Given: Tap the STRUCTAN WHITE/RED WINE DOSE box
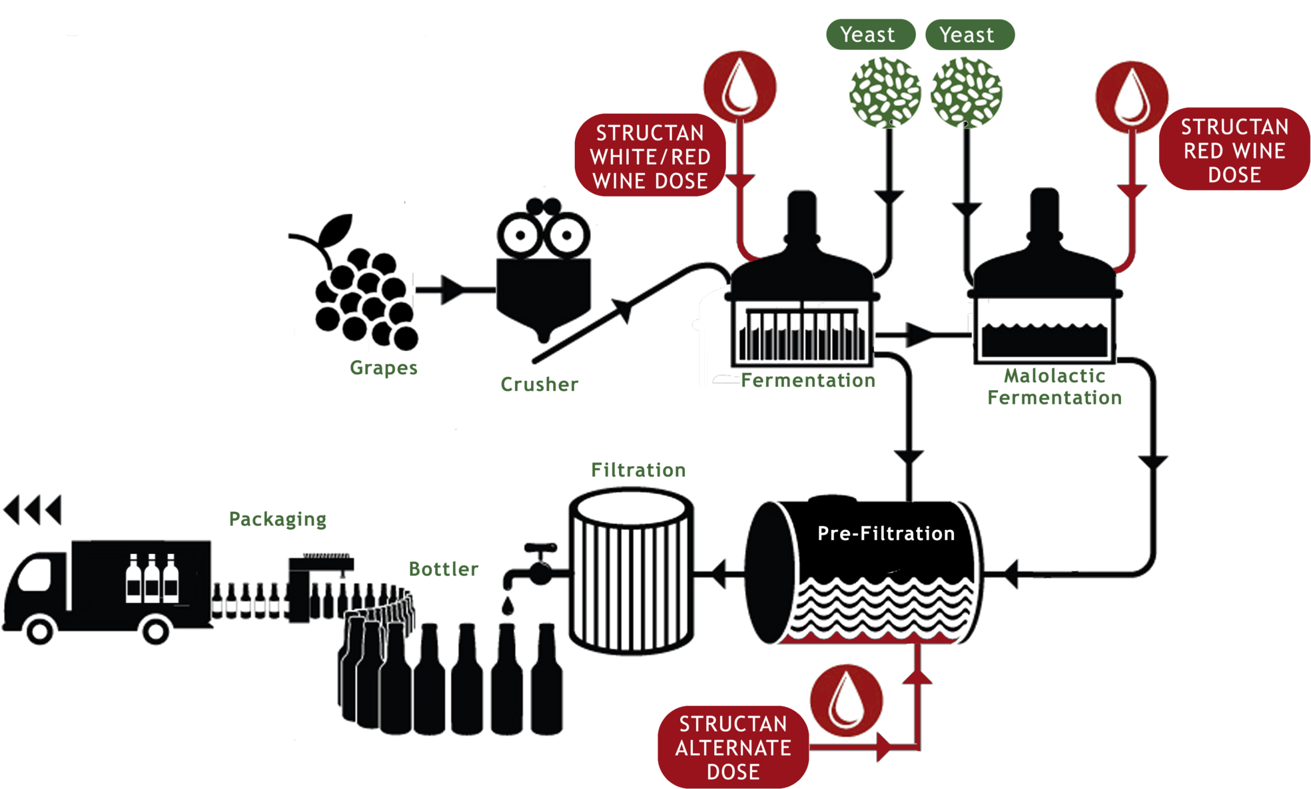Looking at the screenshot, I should pyautogui.click(x=650, y=156).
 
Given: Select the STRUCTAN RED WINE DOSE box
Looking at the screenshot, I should pyautogui.click(x=1234, y=150).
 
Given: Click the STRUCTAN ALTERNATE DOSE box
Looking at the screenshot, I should pyautogui.click(x=733, y=747).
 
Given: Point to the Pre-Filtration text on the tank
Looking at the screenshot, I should pyautogui.click(x=886, y=533).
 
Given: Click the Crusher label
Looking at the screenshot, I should pyautogui.click(x=539, y=384).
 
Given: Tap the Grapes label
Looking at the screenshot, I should pyautogui.click(x=383, y=368).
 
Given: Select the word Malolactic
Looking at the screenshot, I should pyautogui.click(x=1054, y=376).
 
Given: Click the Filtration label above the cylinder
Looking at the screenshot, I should pyautogui.click(x=638, y=470).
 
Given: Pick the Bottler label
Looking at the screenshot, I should pyautogui.click(x=443, y=569).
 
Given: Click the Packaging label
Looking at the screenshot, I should pyautogui.click(x=277, y=519).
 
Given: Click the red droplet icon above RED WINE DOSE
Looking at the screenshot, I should pyautogui.click(x=1131, y=96).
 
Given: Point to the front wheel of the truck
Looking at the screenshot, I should pyautogui.click(x=39, y=631).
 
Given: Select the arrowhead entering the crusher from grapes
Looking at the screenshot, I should pyautogui.click(x=452, y=290).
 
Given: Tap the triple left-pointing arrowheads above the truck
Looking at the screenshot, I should pyautogui.click(x=32, y=510).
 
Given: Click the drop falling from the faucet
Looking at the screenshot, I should pyautogui.click(x=508, y=606).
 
